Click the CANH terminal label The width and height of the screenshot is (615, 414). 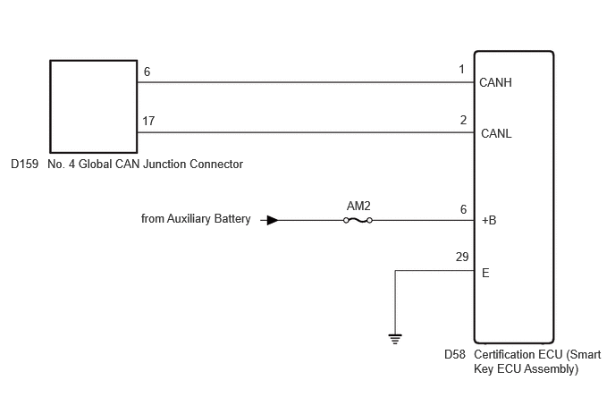pos(495,82)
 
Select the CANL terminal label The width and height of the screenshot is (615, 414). pos(496,133)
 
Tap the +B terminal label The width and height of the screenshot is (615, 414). pos(489,220)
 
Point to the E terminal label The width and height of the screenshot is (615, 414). pos(485,273)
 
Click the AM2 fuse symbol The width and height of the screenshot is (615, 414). pos(358,220)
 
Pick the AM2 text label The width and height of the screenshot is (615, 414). pos(358,206)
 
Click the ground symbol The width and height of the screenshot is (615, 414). pos(395,339)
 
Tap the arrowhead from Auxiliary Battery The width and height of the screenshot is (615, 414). pos(273,220)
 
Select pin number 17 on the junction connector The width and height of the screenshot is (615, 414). pos(148,121)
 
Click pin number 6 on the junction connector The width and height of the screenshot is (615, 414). pos(147,72)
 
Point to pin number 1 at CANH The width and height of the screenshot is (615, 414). pos(461,69)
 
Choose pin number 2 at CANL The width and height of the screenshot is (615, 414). pos(463,120)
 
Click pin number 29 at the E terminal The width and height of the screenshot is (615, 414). pos(462,257)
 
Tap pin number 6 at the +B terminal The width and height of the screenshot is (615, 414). pos(463,209)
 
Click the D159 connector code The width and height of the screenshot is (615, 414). pos(25,164)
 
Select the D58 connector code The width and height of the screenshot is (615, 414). pos(455,354)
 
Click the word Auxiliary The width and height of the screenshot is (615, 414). pos(186,218)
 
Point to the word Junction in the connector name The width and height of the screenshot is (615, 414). pos(164,164)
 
